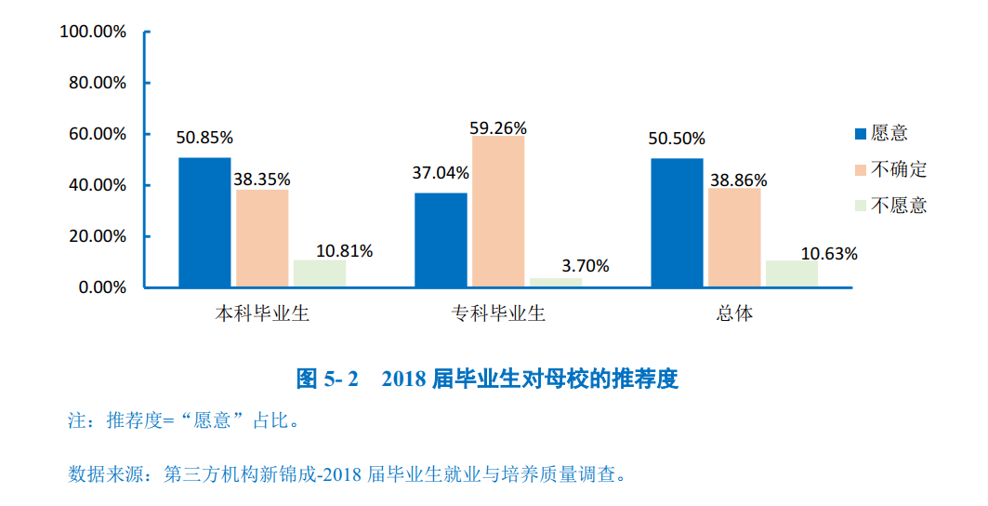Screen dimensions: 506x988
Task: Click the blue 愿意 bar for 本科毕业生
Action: tap(204, 222)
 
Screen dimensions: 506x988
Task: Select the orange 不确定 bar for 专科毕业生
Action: tap(498, 211)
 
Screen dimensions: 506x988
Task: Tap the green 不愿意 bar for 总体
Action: tap(791, 273)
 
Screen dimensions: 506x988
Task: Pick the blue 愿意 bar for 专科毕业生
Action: tap(441, 240)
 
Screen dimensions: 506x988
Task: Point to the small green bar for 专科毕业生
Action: tap(556, 282)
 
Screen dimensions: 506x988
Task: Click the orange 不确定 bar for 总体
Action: tap(734, 237)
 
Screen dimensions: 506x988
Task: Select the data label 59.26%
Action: tap(499, 127)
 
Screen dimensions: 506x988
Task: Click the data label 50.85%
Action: tap(204, 138)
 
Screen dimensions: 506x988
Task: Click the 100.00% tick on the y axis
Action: tap(93, 32)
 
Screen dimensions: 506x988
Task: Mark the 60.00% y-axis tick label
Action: tap(98, 134)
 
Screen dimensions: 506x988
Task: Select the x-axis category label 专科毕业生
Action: tap(498, 313)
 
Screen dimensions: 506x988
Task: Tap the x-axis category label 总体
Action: tap(734, 313)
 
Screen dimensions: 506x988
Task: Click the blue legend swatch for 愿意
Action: tap(860, 134)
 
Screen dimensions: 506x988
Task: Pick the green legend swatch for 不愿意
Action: tap(860, 206)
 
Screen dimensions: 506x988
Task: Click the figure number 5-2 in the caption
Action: tap(340, 379)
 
